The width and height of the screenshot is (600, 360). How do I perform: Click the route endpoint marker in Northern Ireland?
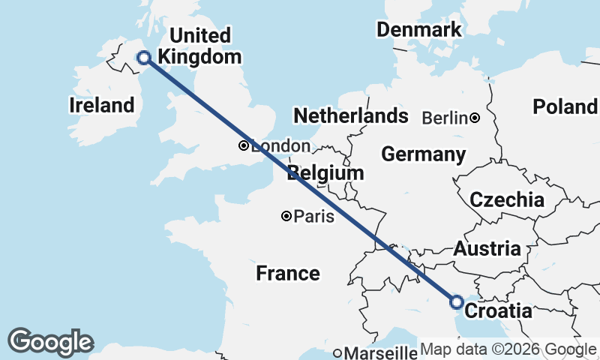[x=142, y=57]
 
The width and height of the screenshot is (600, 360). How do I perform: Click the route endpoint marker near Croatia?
[x=456, y=301]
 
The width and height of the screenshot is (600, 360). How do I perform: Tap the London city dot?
[x=244, y=145]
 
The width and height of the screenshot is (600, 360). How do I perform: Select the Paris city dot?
[x=286, y=216]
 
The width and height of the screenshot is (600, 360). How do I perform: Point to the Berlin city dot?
[x=475, y=118]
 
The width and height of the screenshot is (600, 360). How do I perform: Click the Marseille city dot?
[x=338, y=352]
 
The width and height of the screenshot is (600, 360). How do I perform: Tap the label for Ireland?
[x=101, y=106]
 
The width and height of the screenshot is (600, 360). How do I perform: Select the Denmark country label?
[x=418, y=30]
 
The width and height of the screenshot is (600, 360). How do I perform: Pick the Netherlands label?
[x=350, y=116]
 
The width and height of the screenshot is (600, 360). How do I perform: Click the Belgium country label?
[x=326, y=173]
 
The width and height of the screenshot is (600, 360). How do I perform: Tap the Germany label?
[x=423, y=154]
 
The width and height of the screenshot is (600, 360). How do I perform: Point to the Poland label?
[x=564, y=106]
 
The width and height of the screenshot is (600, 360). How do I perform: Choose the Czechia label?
[x=507, y=200]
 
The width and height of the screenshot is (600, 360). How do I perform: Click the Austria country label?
[x=487, y=249]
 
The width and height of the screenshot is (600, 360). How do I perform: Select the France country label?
[x=288, y=273]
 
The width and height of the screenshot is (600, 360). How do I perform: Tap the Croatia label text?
[x=499, y=310]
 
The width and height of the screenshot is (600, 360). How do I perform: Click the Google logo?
[x=51, y=342]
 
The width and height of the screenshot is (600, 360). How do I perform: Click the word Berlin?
[x=445, y=118]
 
